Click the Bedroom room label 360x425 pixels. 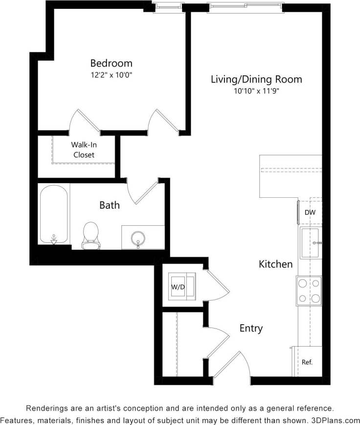[111, 63]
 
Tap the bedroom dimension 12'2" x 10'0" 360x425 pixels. [111, 75]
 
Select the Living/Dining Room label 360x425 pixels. [256, 79]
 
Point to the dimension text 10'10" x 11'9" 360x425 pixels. [256, 91]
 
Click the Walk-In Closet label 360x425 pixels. [84, 149]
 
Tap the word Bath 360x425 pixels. [109, 205]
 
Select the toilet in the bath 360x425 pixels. [90, 235]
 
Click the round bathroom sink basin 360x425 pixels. [138, 238]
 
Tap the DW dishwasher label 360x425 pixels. [310, 212]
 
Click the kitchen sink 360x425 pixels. [310, 242]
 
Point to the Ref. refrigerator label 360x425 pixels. [307, 362]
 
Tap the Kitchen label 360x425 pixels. [275, 264]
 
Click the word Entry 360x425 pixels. [251, 328]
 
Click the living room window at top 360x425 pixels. [245, 6]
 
